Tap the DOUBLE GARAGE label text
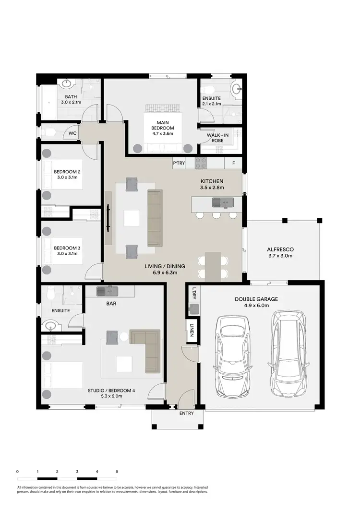tap(256, 299)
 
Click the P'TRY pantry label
tap(179, 164)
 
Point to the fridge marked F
tap(234, 164)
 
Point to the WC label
tap(72, 133)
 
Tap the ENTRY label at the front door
tap(186, 413)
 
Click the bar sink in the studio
tap(107, 290)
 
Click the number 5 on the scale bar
tap(117, 472)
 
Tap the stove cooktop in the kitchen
tap(200, 163)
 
